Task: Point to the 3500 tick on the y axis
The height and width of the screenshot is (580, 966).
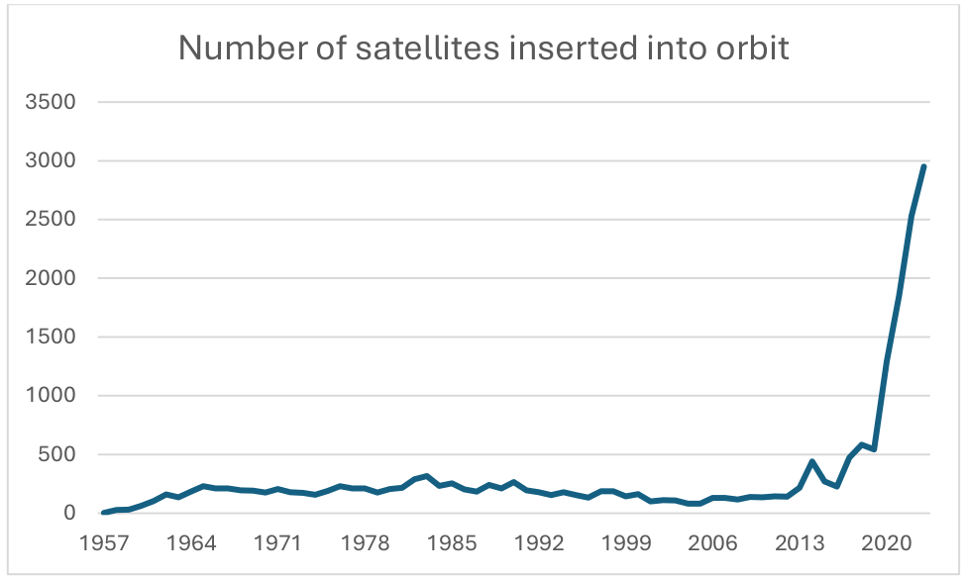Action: pyautogui.click(x=54, y=102)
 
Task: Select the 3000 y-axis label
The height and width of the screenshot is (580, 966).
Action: pyautogui.click(x=54, y=160)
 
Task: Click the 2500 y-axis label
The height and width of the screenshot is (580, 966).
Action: pyautogui.click(x=54, y=220)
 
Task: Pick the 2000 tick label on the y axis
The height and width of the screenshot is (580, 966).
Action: pyautogui.click(x=54, y=278)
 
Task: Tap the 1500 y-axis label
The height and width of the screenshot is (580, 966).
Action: pyautogui.click(x=54, y=337)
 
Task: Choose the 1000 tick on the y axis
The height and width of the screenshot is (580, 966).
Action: pyautogui.click(x=54, y=396)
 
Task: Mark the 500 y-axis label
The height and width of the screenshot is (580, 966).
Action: pyautogui.click(x=61, y=454)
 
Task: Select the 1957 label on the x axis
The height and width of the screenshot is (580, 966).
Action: pyautogui.click(x=104, y=544)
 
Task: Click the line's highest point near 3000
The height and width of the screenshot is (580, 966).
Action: pyautogui.click(x=923, y=166)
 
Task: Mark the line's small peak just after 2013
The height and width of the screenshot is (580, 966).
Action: pyautogui.click(x=812, y=461)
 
